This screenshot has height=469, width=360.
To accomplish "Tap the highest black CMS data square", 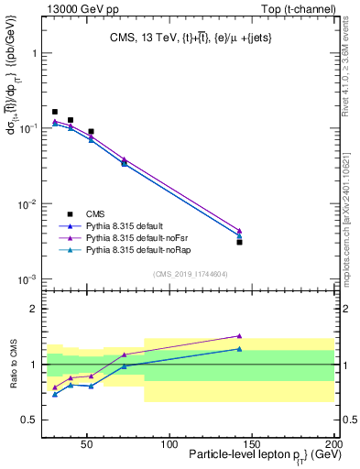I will pyautogui.click(x=55, y=112).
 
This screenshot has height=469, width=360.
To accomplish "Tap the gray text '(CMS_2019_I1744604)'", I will pyautogui.click(x=191, y=273).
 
